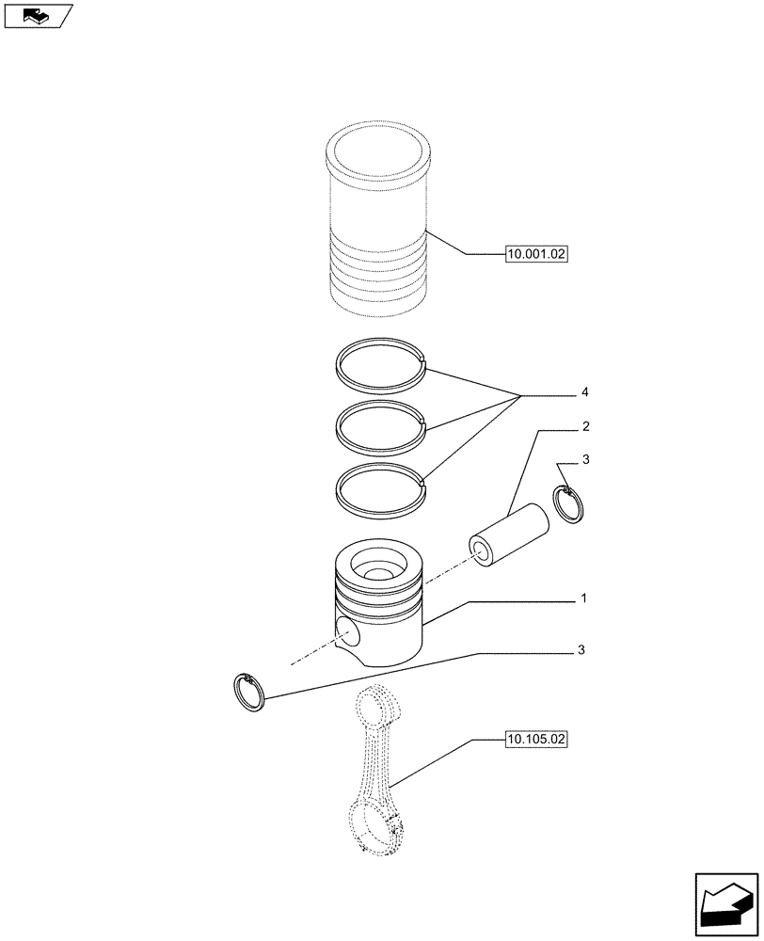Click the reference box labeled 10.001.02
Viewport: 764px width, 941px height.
pos(536,253)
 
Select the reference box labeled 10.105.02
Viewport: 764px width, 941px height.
pos(536,741)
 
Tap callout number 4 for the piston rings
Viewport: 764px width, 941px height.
pos(585,391)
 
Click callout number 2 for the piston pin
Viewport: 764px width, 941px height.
pos(585,427)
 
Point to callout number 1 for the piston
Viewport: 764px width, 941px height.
pos(584,598)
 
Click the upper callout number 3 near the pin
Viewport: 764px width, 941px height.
pos(585,460)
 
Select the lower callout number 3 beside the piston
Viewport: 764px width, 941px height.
pos(584,650)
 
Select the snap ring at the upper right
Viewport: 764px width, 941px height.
pos(572,503)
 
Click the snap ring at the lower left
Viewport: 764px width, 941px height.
pos(250,694)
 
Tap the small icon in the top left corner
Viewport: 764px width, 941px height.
pos(38,15)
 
